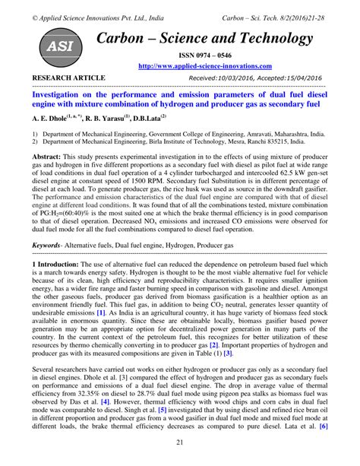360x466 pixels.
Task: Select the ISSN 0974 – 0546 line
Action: [207, 55]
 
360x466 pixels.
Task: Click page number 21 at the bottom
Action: [180, 443]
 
